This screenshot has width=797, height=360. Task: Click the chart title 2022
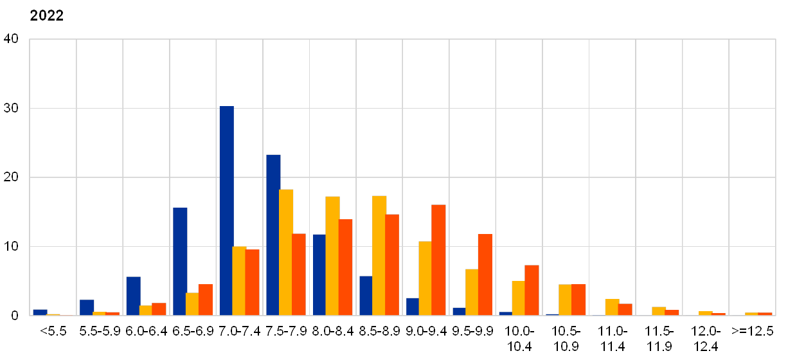click(46, 15)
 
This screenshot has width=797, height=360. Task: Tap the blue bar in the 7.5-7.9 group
click(273, 235)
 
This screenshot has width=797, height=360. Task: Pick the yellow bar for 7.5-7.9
click(286, 252)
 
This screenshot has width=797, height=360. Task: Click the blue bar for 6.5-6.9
click(180, 262)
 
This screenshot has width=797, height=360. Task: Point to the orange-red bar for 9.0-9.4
click(438, 260)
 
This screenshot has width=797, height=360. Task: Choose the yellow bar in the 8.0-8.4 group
click(332, 256)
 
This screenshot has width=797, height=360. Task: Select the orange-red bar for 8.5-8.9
click(392, 265)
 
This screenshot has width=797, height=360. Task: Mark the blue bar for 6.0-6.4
click(133, 296)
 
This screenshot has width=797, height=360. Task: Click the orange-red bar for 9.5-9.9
click(485, 274)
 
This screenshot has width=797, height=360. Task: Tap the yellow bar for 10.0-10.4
click(518, 298)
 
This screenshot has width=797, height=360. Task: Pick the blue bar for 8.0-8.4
click(319, 274)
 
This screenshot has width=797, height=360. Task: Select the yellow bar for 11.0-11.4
click(612, 307)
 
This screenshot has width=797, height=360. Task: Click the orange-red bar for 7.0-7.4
click(253, 282)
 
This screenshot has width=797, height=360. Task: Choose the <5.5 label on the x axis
click(53, 331)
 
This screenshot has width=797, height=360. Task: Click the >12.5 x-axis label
click(752, 331)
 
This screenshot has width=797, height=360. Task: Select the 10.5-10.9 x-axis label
click(566, 338)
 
